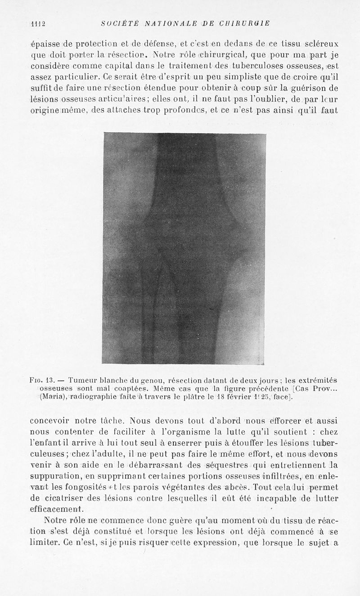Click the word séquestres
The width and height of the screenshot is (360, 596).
(224, 466)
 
